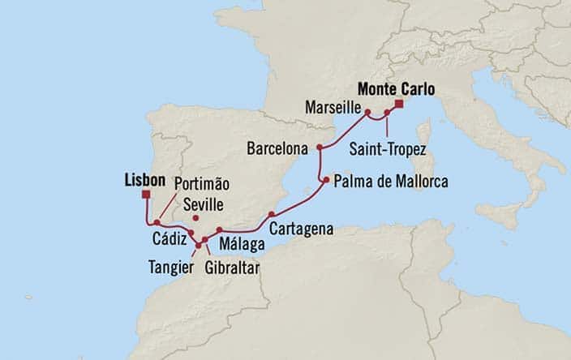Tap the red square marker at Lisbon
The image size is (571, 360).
tap(146, 195)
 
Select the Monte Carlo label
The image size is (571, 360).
tap(396, 88)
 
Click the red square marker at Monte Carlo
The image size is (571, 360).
tap(399, 104)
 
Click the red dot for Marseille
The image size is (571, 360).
tap(367, 112)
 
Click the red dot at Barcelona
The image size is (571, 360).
tap(320, 148)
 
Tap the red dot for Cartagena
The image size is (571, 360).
tap(272, 214)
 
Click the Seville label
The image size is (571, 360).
tap(203, 204)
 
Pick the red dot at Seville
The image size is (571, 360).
tap(195, 218)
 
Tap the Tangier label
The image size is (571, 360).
tap(170, 264)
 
